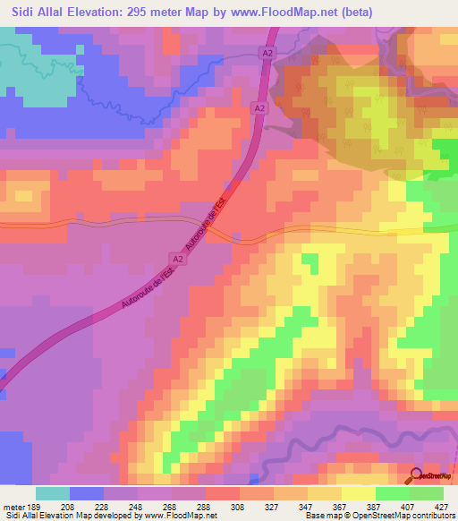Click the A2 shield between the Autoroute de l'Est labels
(178, 259)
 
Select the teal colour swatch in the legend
(53, 493)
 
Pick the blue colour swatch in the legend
(87, 493)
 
